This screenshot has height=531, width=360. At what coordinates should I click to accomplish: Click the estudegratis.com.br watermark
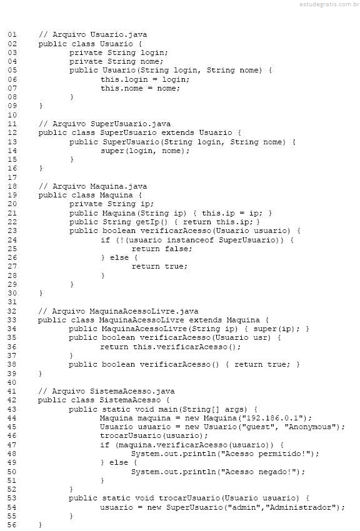(x=329, y=4)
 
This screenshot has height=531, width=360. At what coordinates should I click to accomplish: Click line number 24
(x=12, y=240)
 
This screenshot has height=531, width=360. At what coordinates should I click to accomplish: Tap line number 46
(x=12, y=435)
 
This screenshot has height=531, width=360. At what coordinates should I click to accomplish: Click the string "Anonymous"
(x=311, y=427)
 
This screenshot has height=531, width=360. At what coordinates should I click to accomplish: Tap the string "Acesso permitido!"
(x=265, y=454)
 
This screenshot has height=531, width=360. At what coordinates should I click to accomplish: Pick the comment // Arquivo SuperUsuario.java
(x=104, y=124)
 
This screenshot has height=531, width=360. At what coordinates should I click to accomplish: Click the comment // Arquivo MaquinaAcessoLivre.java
(x=118, y=311)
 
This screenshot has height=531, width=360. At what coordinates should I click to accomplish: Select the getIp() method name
(x=152, y=222)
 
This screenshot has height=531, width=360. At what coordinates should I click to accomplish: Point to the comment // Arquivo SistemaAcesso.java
(x=106, y=391)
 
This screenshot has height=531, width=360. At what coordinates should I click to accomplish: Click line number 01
(x=12, y=34)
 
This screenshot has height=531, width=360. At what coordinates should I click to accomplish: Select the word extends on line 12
(x=177, y=132)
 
